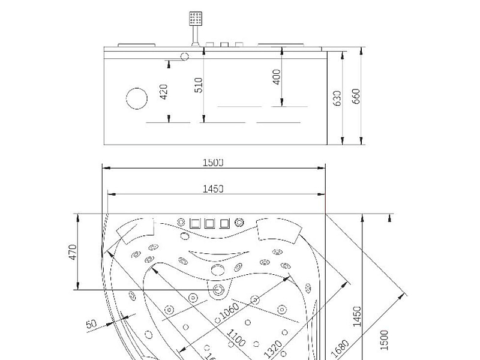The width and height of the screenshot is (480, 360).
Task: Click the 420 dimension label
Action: coord(164,92)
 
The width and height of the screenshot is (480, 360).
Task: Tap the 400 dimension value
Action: coord(277,77)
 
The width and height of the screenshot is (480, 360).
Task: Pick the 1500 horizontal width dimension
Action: coord(214,162)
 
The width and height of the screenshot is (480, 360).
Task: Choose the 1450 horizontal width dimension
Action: coord(214,188)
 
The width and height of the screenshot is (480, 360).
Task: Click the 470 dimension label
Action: coord(72,251)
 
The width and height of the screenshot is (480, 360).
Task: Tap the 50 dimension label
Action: coord(91,324)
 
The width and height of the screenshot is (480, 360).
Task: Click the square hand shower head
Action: coord(195,18)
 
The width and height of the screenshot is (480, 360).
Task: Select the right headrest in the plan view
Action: coord(277,229)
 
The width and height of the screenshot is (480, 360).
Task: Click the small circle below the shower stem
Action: coord(184,58)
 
